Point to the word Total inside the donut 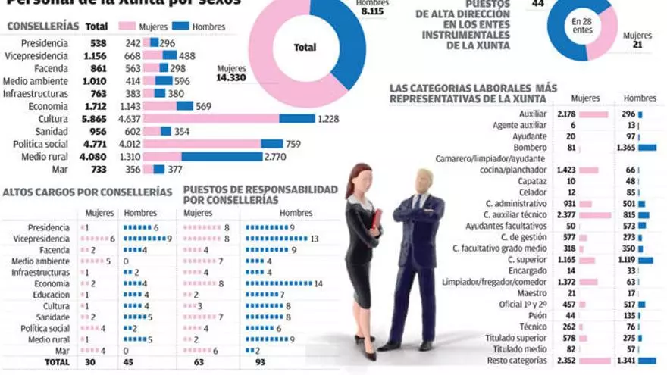[305, 47]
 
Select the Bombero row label [530, 147]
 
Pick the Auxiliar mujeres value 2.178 [566, 114]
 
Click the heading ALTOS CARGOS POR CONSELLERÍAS [87, 193]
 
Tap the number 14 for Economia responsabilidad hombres [318, 283]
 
